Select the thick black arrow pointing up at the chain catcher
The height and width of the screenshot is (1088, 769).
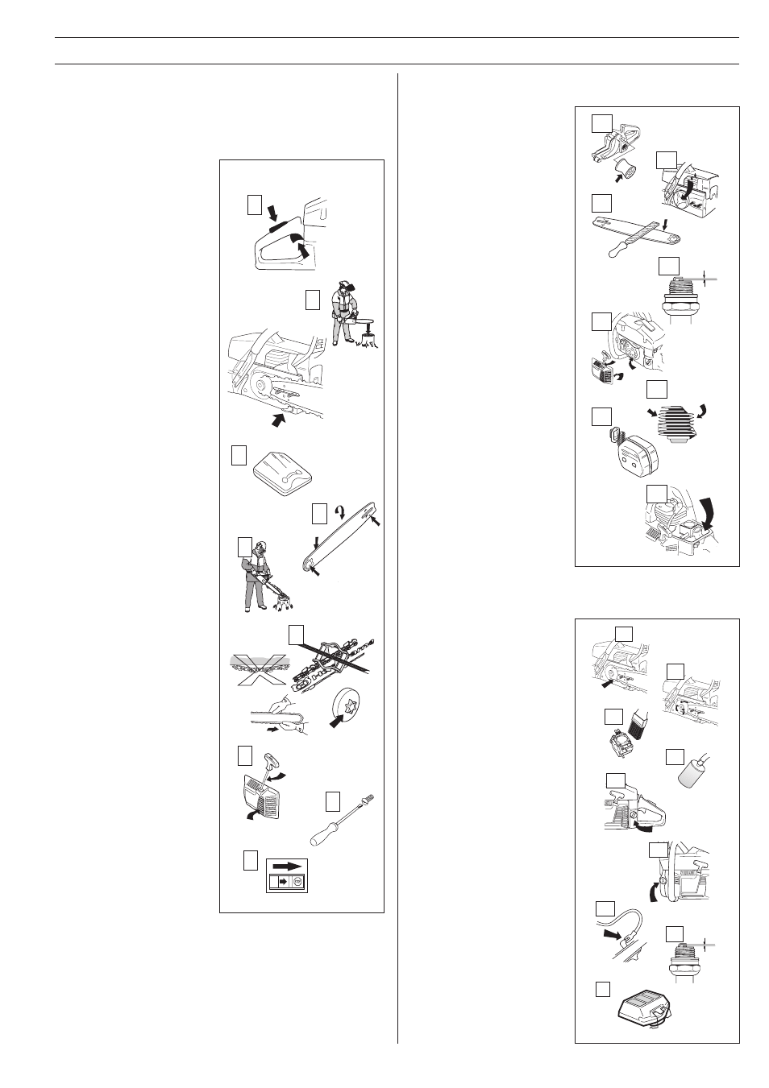[x=281, y=419]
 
